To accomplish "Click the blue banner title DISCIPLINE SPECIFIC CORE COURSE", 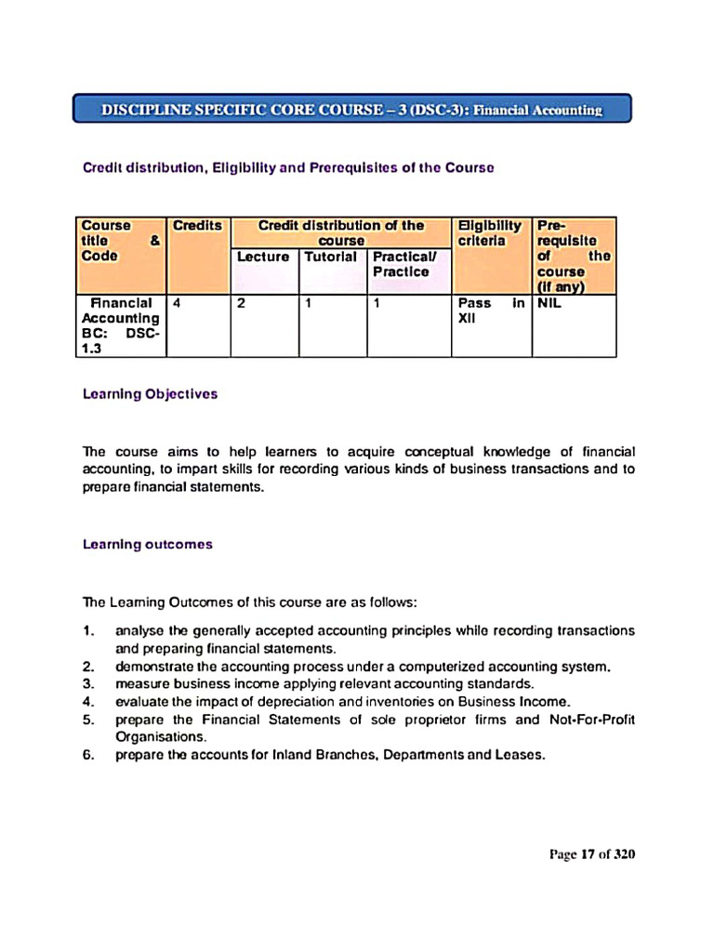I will coord(352,110).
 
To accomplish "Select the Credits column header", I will coord(198,226).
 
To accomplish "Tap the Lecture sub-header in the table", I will coord(263,257).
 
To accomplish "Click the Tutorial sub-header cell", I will coord(331,257).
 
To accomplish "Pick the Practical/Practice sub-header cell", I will coord(402,264).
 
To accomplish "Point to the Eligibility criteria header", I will coord(490,233).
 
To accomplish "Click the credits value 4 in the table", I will coord(177,303).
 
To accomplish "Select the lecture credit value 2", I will coord(240,303).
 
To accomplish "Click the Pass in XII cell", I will coord(490,311).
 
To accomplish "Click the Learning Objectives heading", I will coord(150,394).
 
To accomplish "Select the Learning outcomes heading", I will coord(147,545).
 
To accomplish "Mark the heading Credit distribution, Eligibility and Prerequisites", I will coord(288,168).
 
